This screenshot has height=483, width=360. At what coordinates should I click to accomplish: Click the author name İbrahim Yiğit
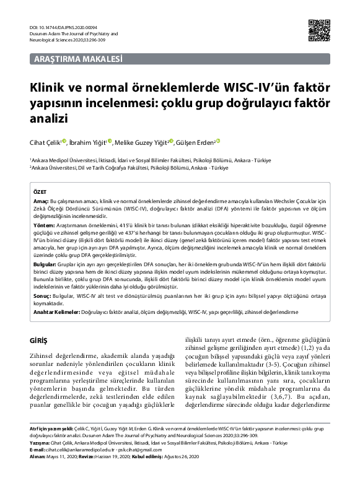click(x=86, y=143)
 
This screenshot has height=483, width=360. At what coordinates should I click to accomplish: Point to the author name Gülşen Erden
click(x=196, y=143)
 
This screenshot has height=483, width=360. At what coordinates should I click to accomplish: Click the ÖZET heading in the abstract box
click(x=40, y=193)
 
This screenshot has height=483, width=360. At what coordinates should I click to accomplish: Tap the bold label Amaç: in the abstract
click(x=40, y=202)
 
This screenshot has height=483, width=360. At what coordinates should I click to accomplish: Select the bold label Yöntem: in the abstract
click(x=43, y=226)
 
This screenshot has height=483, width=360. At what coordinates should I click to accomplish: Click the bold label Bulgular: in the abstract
click(x=45, y=264)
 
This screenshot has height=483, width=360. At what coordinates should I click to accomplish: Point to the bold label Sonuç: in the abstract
click(x=42, y=296)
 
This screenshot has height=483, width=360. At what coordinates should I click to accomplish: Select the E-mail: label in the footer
click(x=40, y=450)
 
